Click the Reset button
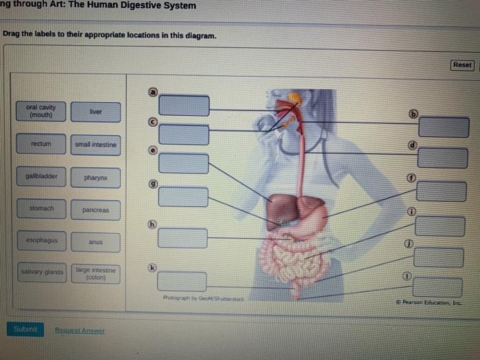[x=463, y=64]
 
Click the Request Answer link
[x=80, y=330]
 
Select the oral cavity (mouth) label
[x=41, y=111]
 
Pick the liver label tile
[x=95, y=112]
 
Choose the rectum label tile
[x=41, y=144]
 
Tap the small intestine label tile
[x=95, y=145]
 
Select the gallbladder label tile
[x=41, y=176]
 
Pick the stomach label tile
[x=41, y=208]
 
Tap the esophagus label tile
[x=41, y=241]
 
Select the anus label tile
[x=95, y=242]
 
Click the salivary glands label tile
[x=41, y=273]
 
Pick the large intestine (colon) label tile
[x=95, y=274]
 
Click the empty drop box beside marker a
[x=184, y=105]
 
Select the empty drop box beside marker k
[x=182, y=281]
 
